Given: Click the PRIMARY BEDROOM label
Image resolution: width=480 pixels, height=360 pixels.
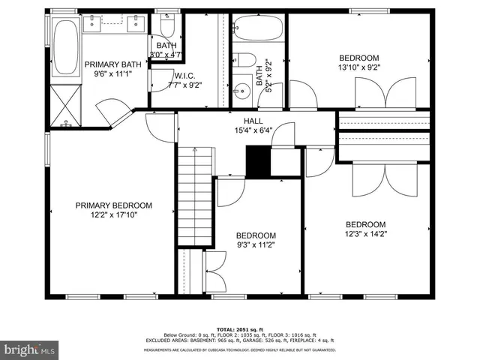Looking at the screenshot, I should coord(113,205).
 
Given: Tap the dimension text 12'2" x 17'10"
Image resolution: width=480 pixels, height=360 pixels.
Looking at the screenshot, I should coord(113,214).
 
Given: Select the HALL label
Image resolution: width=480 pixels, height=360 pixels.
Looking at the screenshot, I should coord(253,121).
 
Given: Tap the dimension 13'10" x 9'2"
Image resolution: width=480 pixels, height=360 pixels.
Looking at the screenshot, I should coord(358,67).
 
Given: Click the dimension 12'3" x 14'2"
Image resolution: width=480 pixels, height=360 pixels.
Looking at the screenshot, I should coord(365,233).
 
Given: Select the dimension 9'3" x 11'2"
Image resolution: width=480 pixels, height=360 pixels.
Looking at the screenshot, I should coord(256,244).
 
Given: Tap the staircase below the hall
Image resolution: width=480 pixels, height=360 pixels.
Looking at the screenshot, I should coord(195,195).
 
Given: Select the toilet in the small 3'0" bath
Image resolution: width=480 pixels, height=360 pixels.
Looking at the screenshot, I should coord(166,28).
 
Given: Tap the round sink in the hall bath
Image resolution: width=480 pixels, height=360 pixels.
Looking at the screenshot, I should coord(241,93).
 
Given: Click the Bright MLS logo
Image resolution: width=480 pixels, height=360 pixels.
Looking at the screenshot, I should coord(30,349).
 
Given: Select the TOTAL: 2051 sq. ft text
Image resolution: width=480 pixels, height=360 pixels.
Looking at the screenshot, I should coord(239,329).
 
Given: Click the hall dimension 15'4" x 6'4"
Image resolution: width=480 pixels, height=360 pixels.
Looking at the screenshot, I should coord(252,130).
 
